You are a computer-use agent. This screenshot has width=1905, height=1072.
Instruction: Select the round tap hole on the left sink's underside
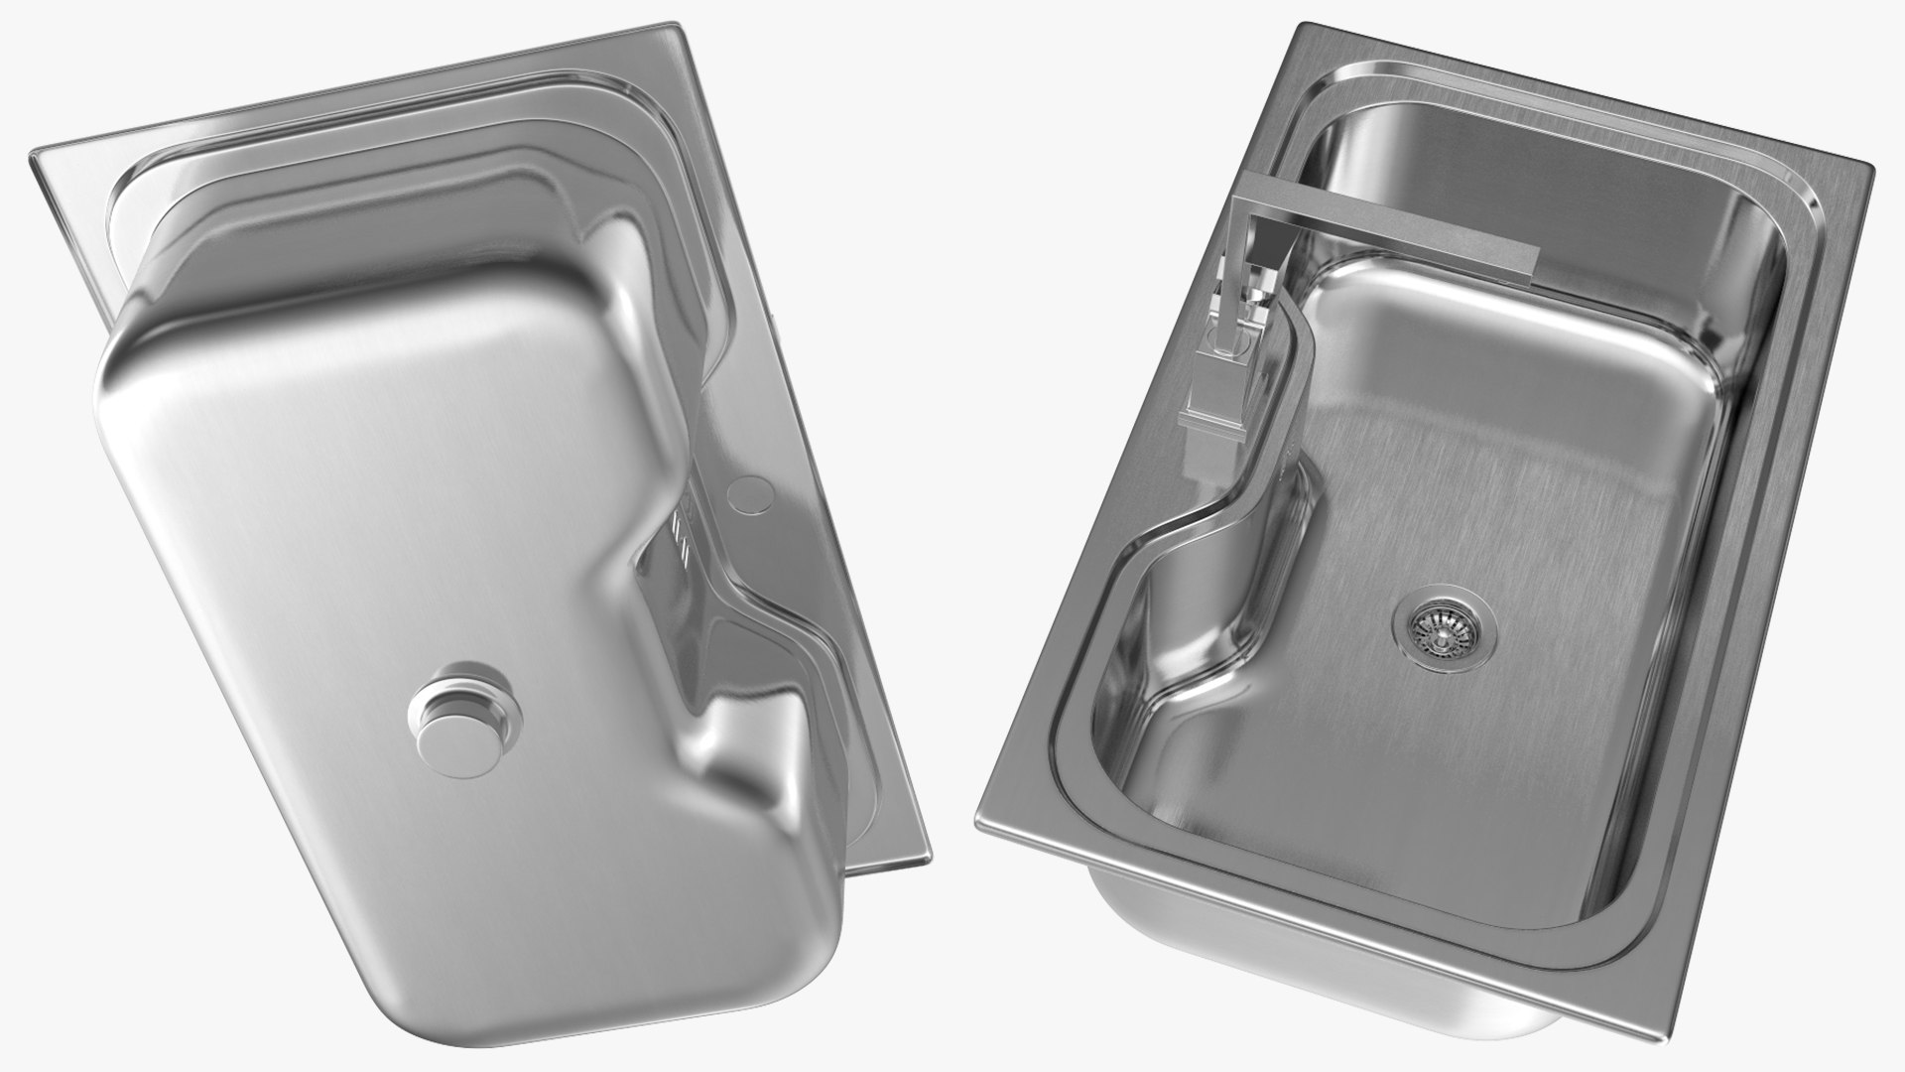pyautogui.click(x=750, y=491)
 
